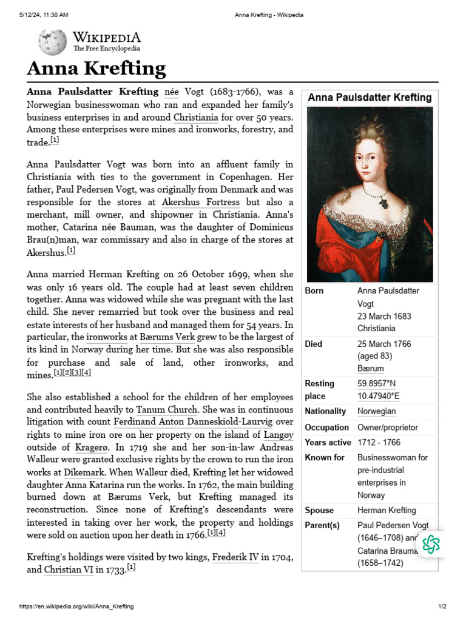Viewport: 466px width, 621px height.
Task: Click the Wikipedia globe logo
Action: point(52,42)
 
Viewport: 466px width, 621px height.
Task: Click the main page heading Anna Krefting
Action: point(96,68)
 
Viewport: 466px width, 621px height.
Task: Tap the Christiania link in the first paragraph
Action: point(196,117)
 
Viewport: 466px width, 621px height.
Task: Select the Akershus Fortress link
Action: point(201,202)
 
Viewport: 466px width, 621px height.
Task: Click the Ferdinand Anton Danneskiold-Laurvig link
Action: point(186,421)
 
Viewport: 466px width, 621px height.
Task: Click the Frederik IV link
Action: point(235,557)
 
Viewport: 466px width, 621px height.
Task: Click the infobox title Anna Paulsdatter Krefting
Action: point(370,98)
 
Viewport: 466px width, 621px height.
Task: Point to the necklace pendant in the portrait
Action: point(383,200)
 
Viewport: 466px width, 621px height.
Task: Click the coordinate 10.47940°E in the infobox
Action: point(379,396)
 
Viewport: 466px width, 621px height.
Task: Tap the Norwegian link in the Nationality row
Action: point(376,411)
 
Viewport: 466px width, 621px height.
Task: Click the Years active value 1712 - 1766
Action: point(379,443)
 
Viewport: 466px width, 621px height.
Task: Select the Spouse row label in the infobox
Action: point(319,511)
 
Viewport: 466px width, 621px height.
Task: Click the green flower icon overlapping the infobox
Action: point(431,544)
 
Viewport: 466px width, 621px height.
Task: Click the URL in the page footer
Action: point(78,606)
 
